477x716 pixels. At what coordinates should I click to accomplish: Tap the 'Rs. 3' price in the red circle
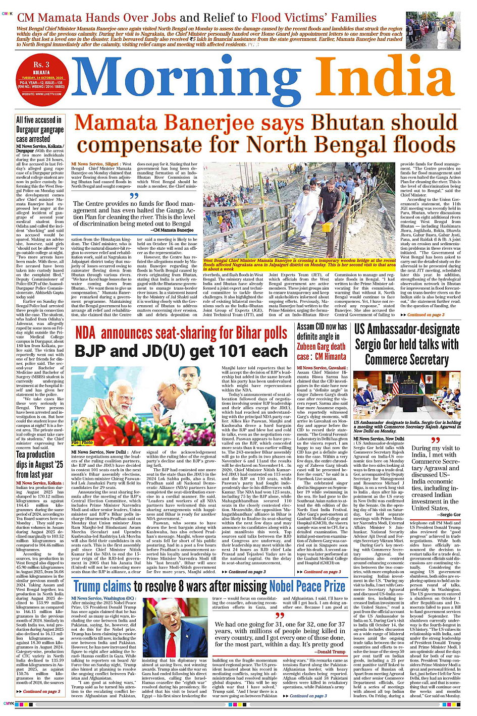pos(41,65)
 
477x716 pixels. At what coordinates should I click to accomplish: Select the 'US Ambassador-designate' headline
pos(406,330)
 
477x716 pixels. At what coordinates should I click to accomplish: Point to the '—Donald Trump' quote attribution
pos(330,651)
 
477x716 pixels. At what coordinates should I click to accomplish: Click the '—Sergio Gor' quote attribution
pos(449,515)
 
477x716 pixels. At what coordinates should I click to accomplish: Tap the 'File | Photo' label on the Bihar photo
pos(82,443)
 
